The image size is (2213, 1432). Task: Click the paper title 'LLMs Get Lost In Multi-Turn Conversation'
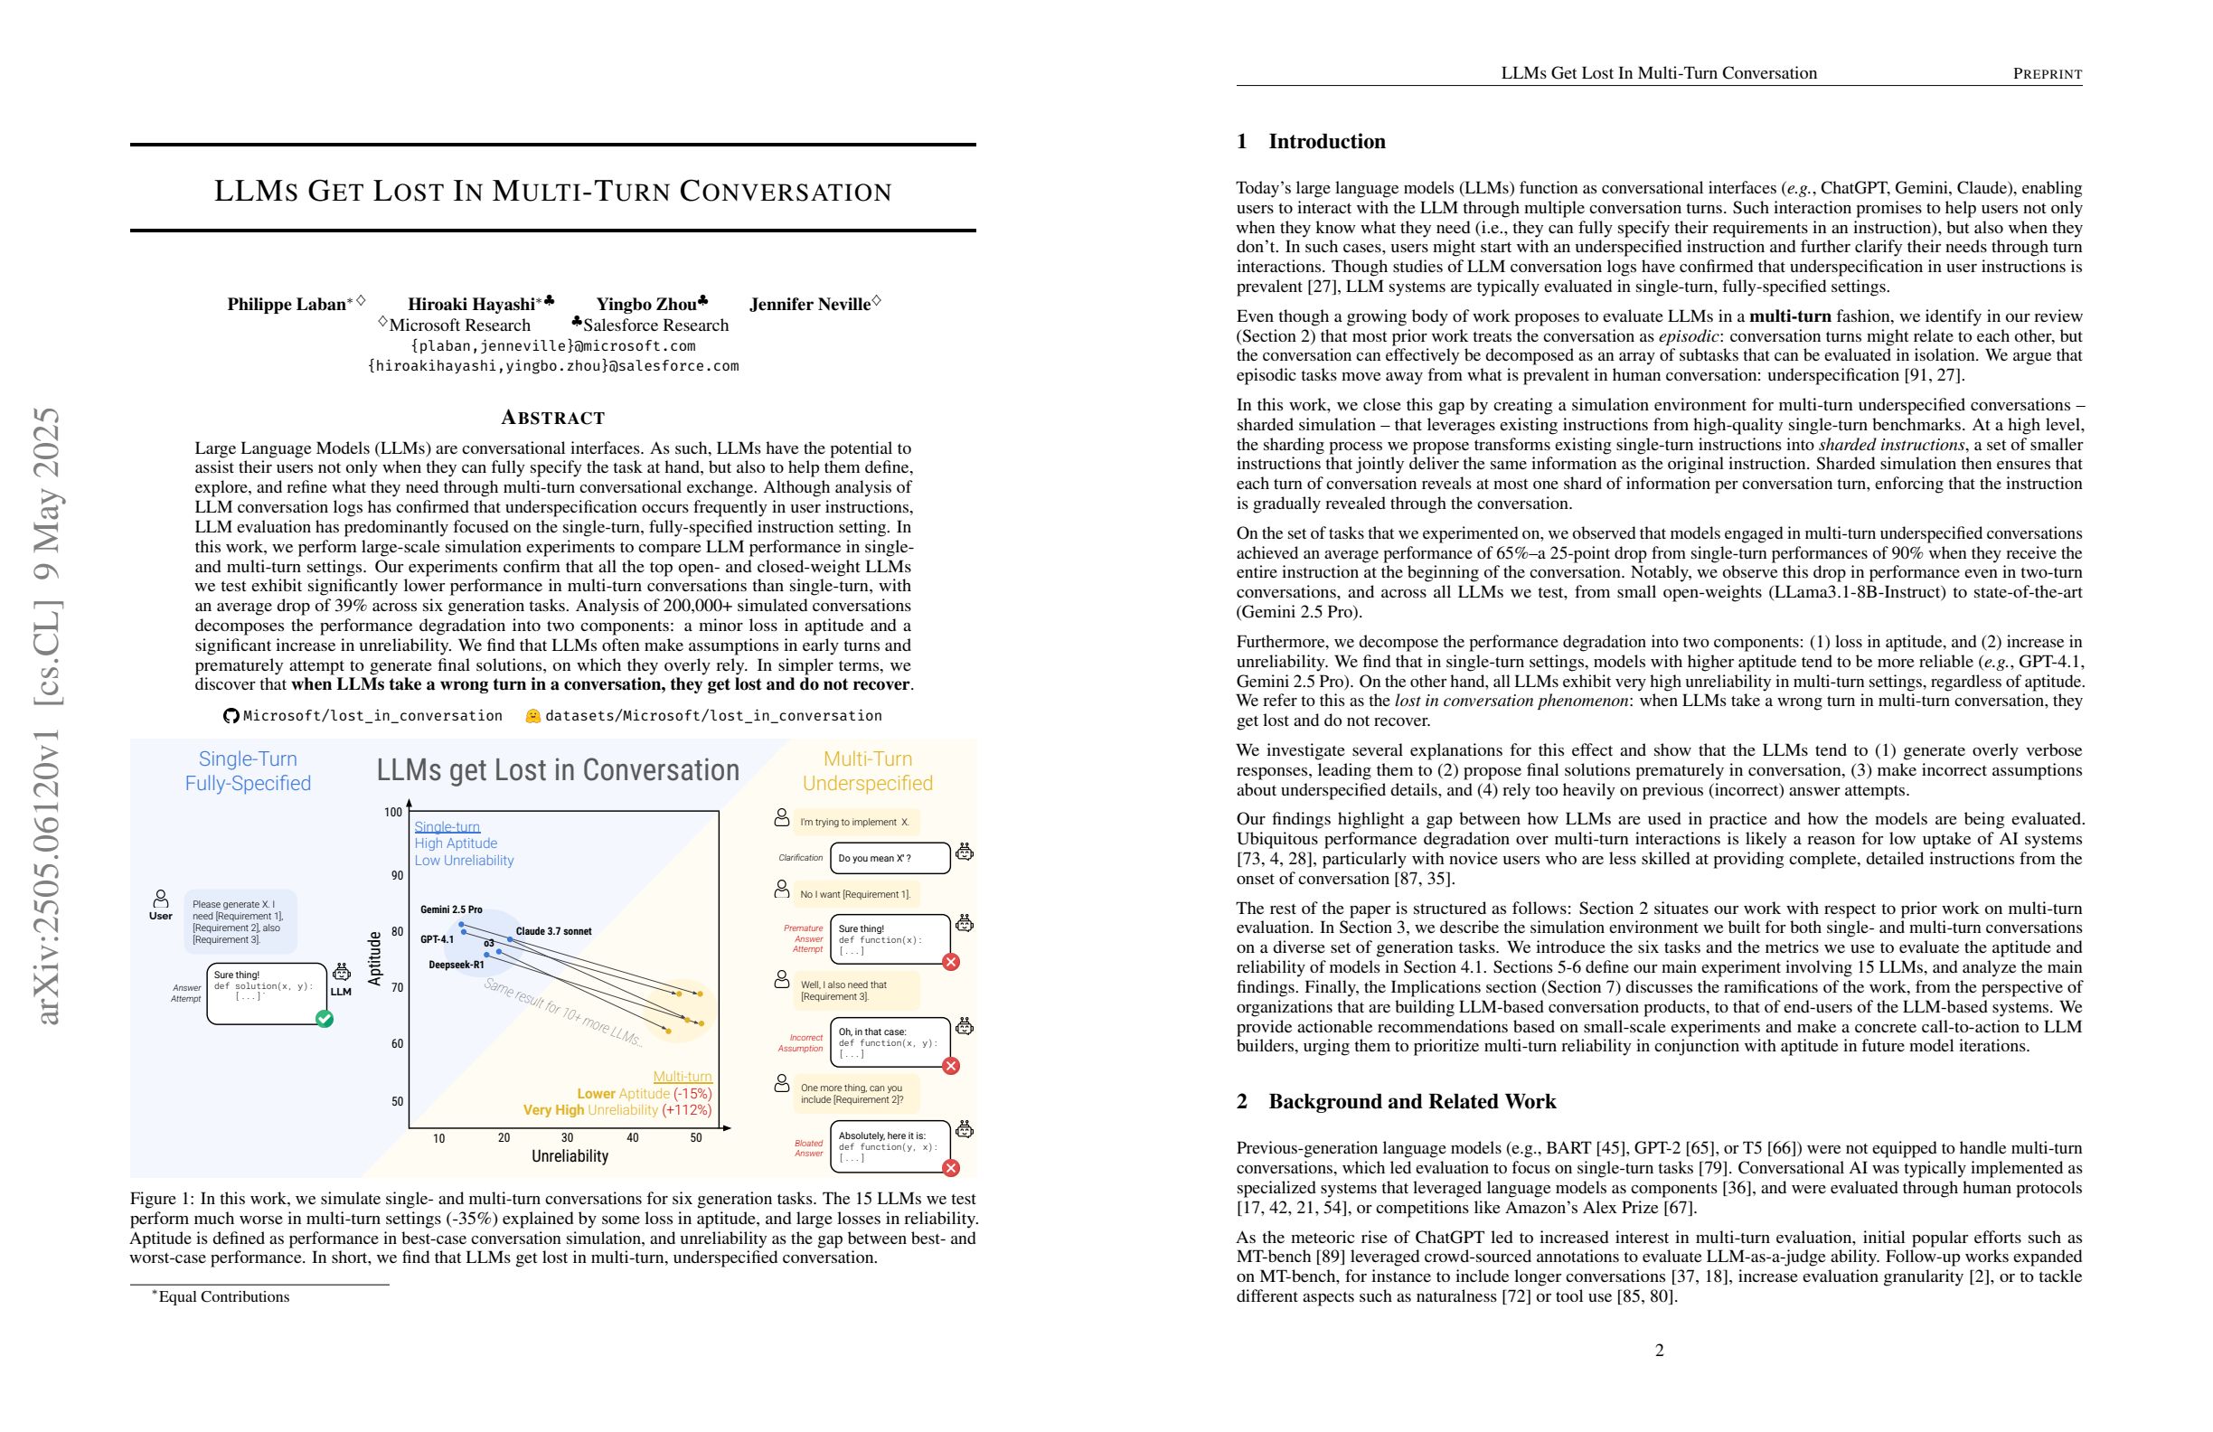point(552,191)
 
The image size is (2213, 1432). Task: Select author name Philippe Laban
point(287,304)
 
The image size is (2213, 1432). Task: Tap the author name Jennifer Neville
point(810,304)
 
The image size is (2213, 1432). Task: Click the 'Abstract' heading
point(553,418)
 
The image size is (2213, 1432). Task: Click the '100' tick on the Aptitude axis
point(393,812)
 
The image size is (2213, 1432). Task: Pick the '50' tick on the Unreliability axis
point(696,1137)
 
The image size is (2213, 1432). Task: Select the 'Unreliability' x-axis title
point(569,1156)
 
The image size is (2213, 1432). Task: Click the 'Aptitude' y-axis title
point(375,957)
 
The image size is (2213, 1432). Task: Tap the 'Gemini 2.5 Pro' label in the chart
point(451,909)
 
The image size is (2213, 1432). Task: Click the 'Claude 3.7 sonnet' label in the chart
point(553,931)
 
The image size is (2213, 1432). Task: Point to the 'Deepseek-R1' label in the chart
point(456,966)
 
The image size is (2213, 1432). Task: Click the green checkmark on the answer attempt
point(325,1019)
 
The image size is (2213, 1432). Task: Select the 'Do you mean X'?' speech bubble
point(890,857)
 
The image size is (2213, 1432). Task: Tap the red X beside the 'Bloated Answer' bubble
point(950,1168)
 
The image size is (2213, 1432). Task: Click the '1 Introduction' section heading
point(1310,141)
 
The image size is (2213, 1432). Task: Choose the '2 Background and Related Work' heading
point(1396,1101)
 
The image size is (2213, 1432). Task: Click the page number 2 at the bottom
point(1659,1350)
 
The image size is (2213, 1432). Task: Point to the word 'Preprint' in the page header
point(2048,73)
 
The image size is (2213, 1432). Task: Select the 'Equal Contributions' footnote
point(223,1296)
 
